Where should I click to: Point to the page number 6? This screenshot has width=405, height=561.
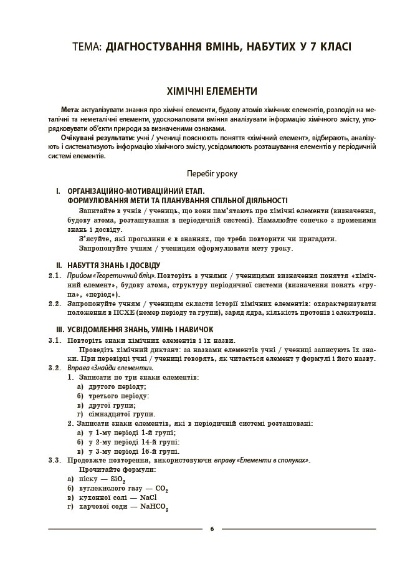pyautogui.click(x=212, y=529)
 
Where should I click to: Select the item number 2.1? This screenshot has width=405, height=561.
pyautogui.click(x=55, y=275)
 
